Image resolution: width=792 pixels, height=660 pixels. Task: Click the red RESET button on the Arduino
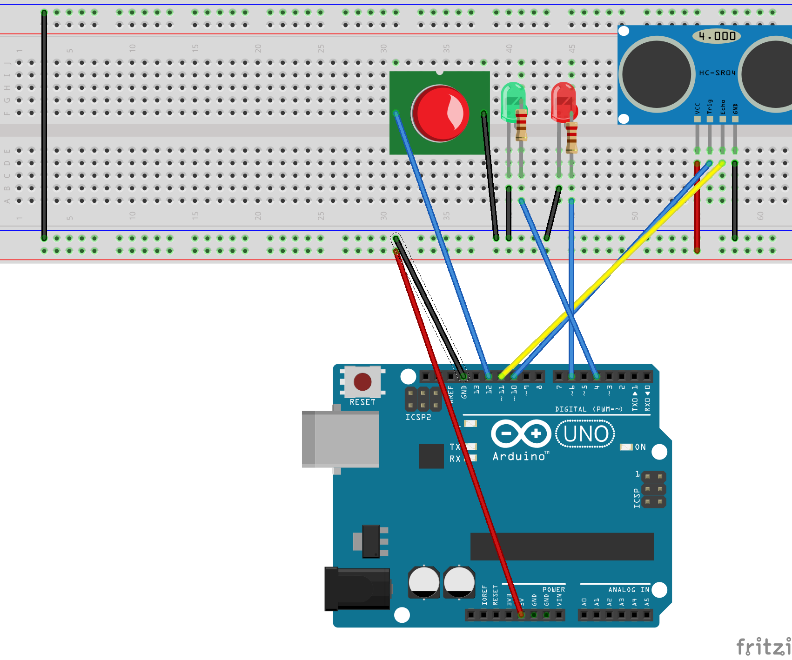pos(362,382)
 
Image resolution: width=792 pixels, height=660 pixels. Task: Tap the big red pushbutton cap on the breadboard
pos(440,113)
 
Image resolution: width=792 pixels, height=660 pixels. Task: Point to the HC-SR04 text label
pos(717,73)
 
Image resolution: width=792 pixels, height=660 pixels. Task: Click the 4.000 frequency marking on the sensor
pos(717,36)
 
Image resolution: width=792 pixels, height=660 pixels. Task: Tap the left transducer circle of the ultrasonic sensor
pos(656,74)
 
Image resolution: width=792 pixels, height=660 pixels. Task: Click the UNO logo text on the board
pos(585,434)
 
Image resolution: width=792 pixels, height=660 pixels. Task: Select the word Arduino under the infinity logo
pos(519,457)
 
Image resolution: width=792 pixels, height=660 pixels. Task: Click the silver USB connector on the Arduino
pos(340,439)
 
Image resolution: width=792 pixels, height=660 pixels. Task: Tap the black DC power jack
pos(357,588)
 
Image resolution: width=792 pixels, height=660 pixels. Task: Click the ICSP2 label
pos(418,417)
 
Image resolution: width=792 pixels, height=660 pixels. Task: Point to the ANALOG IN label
pos(629,590)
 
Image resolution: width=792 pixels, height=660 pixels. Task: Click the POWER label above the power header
pos(553,590)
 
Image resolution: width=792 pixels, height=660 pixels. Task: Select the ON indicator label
pos(640,447)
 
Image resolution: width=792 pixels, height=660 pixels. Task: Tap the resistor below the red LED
pos(572,138)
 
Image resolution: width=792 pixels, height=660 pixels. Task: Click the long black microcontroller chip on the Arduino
pos(562,547)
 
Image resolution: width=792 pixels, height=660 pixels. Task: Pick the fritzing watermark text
pos(763,647)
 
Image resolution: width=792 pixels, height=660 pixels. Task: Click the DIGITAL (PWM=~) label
pos(588,409)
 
